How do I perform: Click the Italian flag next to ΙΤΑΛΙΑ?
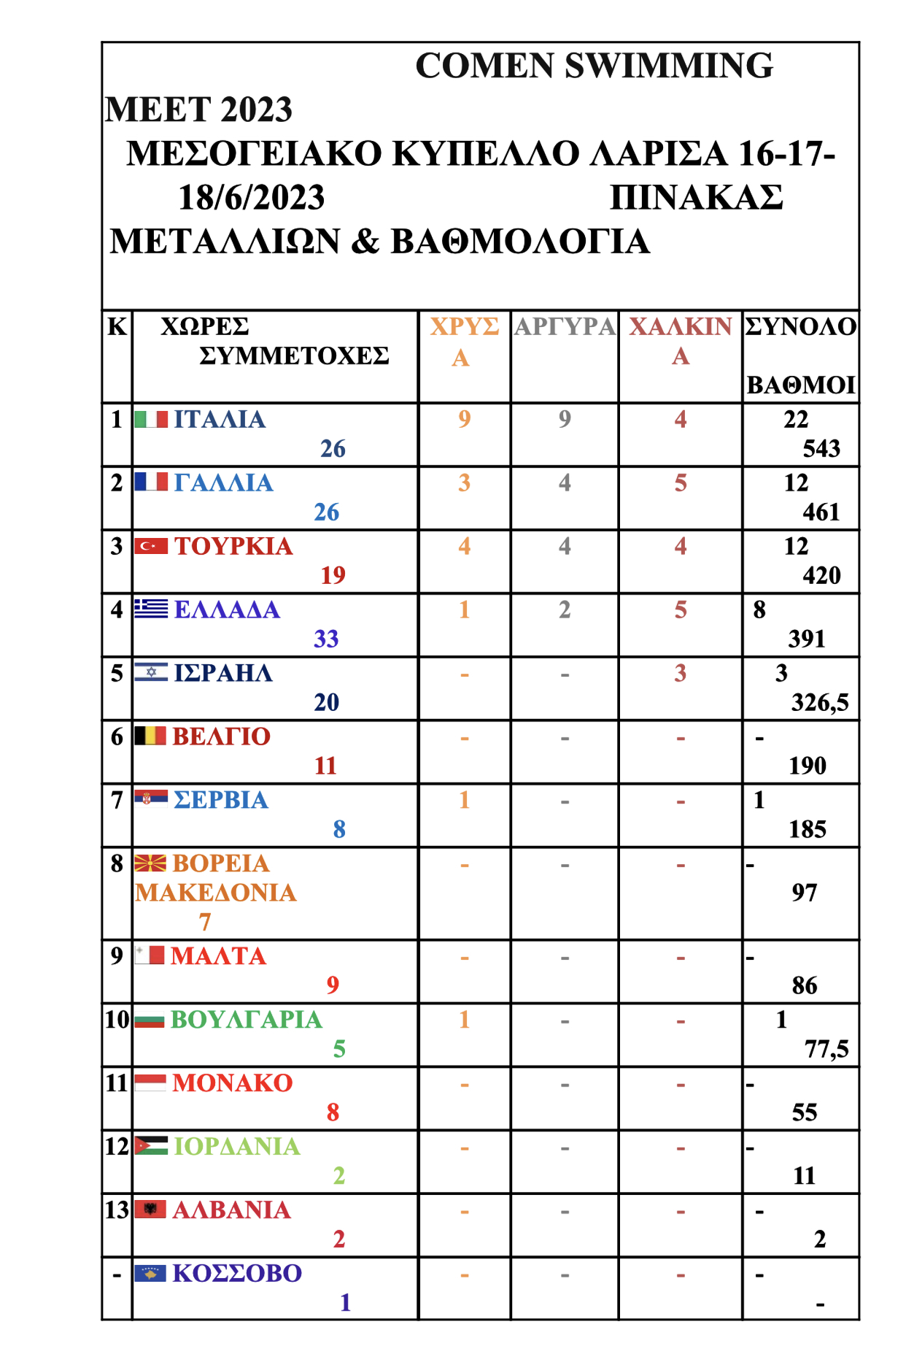(x=151, y=420)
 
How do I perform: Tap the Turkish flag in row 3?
(x=151, y=546)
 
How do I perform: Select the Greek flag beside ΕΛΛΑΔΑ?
(x=151, y=609)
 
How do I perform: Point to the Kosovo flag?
(x=150, y=1273)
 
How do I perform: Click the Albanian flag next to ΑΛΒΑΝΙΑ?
(x=150, y=1210)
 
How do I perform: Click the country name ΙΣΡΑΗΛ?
(x=223, y=673)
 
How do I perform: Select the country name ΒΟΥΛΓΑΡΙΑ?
(x=246, y=1020)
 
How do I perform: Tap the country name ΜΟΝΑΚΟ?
(x=233, y=1083)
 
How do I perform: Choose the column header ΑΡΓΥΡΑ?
(x=565, y=326)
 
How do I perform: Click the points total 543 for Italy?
(x=821, y=448)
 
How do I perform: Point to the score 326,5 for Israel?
(x=820, y=702)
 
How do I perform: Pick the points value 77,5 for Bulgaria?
(x=826, y=1049)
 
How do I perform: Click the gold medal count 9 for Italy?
(x=464, y=419)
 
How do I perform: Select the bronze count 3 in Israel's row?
(x=680, y=673)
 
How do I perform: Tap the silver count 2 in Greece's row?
(x=565, y=609)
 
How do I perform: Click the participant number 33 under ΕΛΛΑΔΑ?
(x=326, y=639)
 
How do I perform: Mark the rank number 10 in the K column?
(x=117, y=1020)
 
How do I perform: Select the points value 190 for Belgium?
(x=808, y=766)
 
